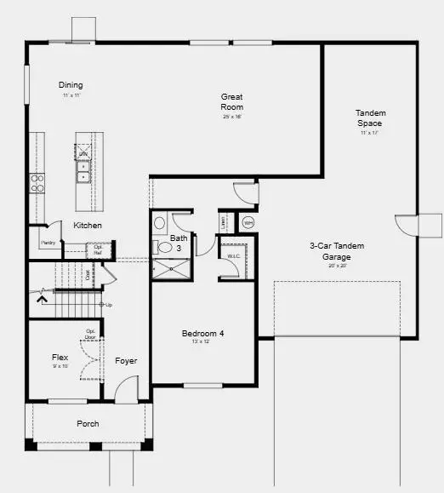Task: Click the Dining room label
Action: [x=71, y=85]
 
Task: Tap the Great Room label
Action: [x=231, y=102]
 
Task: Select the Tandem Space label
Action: [x=369, y=118]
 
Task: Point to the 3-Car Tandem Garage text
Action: [x=338, y=251]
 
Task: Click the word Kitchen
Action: [x=88, y=226]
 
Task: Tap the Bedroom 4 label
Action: [x=203, y=334]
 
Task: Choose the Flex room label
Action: [x=60, y=358]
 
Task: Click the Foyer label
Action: [x=126, y=361]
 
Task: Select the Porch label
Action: [x=88, y=423]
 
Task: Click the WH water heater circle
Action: [x=248, y=223]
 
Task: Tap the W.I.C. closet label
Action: [x=233, y=255]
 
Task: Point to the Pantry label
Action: [x=47, y=243]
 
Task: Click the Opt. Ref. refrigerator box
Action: [x=97, y=249]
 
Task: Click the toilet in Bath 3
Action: [x=163, y=248]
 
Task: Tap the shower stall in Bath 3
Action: [x=171, y=268]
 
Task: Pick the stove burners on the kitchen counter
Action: [x=37, y=183]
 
